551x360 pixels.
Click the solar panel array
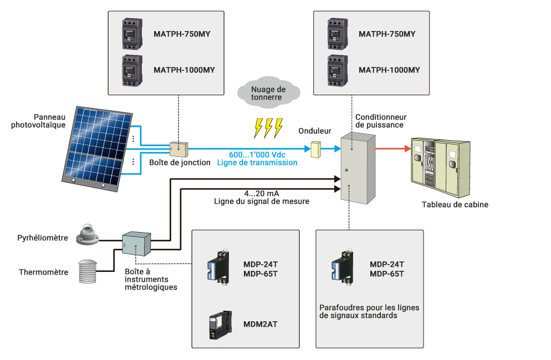pos(99,147)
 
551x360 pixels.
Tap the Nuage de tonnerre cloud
pos(268,93)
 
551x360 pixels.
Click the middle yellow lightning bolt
pos(268,127)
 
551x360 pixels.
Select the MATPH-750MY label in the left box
pos(182,34)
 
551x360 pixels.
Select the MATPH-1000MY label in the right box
pos(389,70)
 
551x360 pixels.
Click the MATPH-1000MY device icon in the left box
pos(132,70)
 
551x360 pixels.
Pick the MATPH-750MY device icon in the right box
pos(337,33)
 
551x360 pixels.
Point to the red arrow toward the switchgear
pos(394,148)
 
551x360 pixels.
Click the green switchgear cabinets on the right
pos(440,168)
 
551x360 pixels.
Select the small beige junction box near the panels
pos(178,148)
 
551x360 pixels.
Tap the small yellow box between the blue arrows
pos(316,148)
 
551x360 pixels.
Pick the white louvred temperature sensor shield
pos(89,271)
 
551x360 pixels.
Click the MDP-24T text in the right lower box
pos(386,265)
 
